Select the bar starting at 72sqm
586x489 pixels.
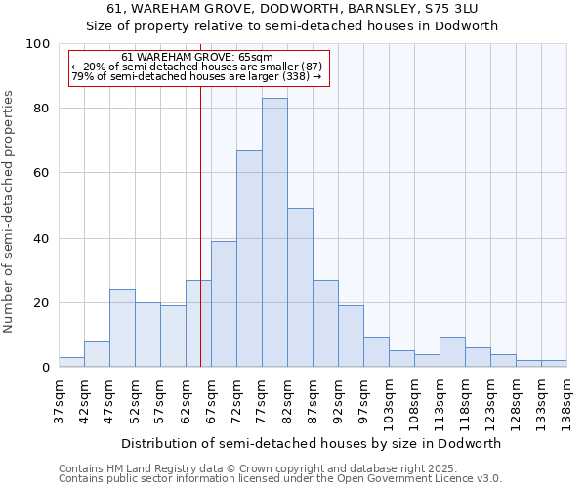pos(249,258)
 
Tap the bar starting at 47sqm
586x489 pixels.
pos(122,329)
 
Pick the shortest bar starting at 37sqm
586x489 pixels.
pos(71,362)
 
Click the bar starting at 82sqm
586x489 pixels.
pos(300,288)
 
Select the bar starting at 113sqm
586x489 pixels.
pos(452,352)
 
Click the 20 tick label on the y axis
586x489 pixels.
pos(42,303)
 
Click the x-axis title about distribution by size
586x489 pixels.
pos(313,443)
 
